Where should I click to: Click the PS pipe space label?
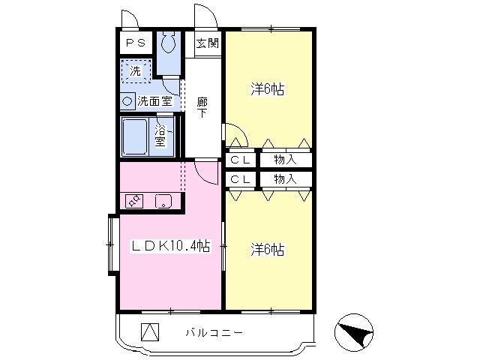coord(136,43)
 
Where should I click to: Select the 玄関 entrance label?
coord(208,43)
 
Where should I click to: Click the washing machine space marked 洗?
coord(136,71)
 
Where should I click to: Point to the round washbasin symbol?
coord(127,101)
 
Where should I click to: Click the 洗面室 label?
coord(154,101)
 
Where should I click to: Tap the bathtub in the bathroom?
coord(135,136)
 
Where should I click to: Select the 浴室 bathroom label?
coord(160,136)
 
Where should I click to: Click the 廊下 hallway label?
coord(202,108)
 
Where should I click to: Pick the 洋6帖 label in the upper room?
coord(268,89)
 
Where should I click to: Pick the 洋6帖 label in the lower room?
coord(268,250)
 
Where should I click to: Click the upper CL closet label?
coord(240,160)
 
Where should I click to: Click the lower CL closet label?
coord(240,179)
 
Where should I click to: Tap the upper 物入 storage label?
coord(285,160)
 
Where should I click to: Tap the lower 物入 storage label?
coord(285,179)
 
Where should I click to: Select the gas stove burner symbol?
coord(134,201)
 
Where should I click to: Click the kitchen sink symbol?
coord(163,202)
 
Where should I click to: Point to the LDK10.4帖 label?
coord(171,246)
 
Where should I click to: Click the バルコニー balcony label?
coord(214,332)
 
